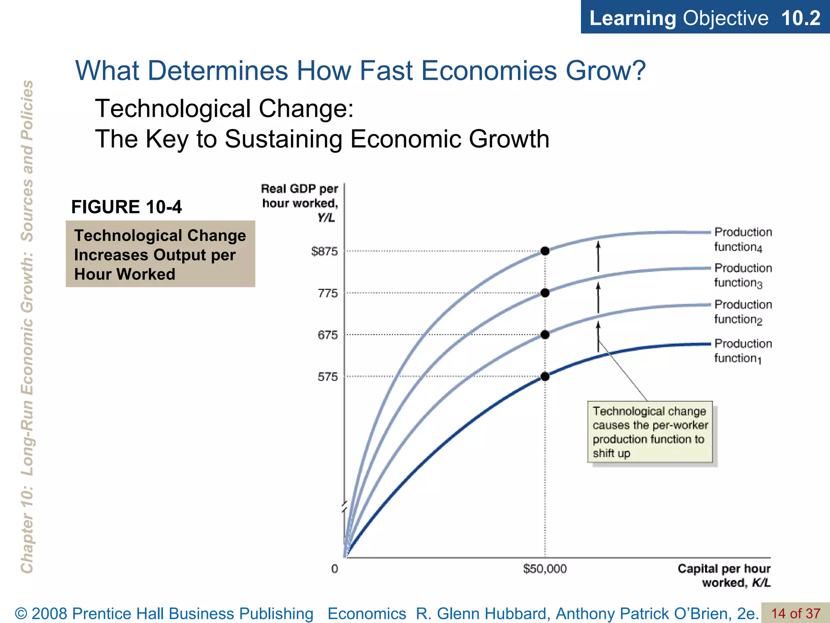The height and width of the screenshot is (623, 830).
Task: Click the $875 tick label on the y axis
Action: coord(324,251)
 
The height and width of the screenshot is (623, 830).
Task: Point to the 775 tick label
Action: coord(327,293)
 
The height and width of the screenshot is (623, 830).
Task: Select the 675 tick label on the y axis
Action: coord(327,335)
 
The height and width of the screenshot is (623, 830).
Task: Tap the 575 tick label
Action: coord(327,377)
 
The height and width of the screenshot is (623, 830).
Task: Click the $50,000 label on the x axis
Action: coord(545,569)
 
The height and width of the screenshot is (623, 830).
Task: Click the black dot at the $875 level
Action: coord(545,251)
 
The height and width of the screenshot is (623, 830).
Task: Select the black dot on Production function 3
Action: coord(545,293)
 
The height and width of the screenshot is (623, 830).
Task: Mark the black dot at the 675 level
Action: coord(545,335)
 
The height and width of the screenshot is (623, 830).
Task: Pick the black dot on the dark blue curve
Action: coord(545,376)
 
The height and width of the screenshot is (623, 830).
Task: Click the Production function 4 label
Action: coord(742,239)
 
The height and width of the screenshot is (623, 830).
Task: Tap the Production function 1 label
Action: coord(742,351)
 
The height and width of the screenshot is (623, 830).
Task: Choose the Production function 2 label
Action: coord(742,312)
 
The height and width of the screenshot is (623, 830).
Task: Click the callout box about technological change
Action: coord(650,432)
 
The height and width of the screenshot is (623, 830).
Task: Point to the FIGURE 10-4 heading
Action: coord(126,207)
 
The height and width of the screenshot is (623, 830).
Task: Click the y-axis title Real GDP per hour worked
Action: coord(300,203)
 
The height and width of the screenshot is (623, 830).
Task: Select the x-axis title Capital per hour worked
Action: coord(724,576)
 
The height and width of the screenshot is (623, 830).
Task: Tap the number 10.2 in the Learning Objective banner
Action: coord(800,18)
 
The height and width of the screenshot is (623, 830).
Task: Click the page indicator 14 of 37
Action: coord(795,613)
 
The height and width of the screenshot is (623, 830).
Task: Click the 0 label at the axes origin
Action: coord(334,569)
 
